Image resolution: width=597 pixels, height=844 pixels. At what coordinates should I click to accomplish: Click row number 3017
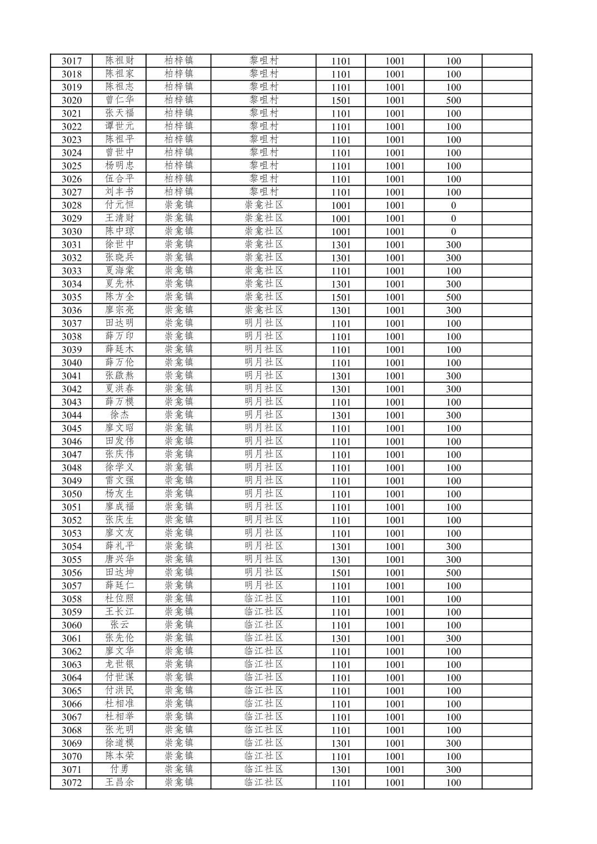[x=71, y=61]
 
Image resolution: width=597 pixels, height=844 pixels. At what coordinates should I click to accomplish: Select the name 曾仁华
[x=119, y=100]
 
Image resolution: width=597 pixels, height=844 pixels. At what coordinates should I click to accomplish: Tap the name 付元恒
[x=119, y=205]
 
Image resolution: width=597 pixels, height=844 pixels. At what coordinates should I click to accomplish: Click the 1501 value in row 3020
[x=341, y=101]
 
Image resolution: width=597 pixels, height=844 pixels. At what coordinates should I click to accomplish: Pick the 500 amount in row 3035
[x=453, y=297]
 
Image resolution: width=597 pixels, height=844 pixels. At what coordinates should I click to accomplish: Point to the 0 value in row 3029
[x=453, y=218]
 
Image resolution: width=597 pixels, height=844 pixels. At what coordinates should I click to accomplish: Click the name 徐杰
[x=119, y=415]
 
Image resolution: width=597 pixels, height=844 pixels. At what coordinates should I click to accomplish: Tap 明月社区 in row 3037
[x=264, y=323]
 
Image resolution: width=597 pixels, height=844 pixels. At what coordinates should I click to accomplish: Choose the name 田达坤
[x=119, y=572]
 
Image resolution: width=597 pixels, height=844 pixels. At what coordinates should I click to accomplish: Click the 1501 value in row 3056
[x=341, y=573]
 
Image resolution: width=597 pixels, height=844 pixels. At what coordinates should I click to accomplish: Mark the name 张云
[x=119, y=625]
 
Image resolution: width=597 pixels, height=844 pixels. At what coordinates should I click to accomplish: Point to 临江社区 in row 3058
[x=264, y=599]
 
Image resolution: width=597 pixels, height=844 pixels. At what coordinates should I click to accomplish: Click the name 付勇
[x=119, y=770]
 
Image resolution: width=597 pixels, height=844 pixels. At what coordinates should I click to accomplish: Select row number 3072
[x=71, y=783]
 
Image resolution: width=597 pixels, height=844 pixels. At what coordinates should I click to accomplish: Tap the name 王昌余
[x=119, y=782]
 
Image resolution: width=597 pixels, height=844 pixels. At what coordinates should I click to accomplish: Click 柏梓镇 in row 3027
[x=179, y=192]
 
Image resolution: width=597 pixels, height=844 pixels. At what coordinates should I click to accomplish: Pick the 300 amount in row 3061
[x=453, y=638]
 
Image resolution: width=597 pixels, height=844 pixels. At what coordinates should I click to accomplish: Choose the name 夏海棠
[x=119, y=271]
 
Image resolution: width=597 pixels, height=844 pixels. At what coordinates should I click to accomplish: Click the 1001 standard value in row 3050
[x=395, y=494]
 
